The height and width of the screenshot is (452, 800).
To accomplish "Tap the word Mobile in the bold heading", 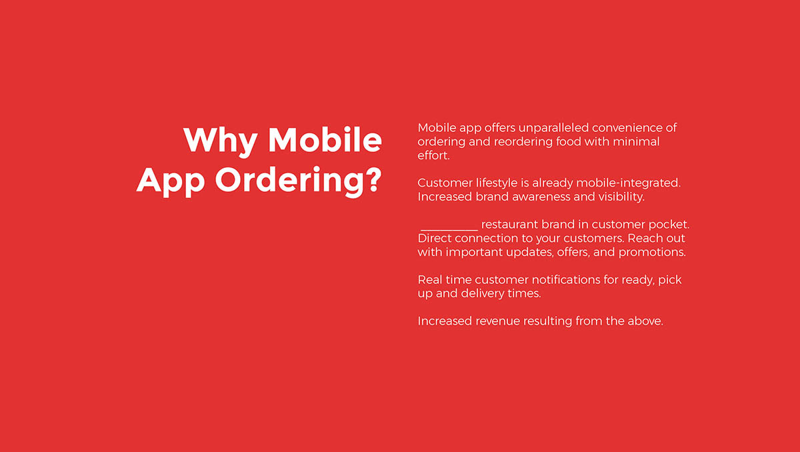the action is [325, 139].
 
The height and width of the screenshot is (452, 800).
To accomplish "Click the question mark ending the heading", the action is [373, 179].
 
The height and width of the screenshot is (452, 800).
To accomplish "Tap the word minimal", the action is [636, 141].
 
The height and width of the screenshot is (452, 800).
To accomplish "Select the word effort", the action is [433, 155].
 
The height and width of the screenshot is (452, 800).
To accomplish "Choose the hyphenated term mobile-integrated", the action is [628, 183].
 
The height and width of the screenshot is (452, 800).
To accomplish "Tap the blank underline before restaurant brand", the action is [449, 230].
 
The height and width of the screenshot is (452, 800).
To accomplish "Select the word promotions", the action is [652, 253].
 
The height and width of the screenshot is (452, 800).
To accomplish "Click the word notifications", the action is [566, 279].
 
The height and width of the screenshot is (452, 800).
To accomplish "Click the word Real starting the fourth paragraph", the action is [429, 279].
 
